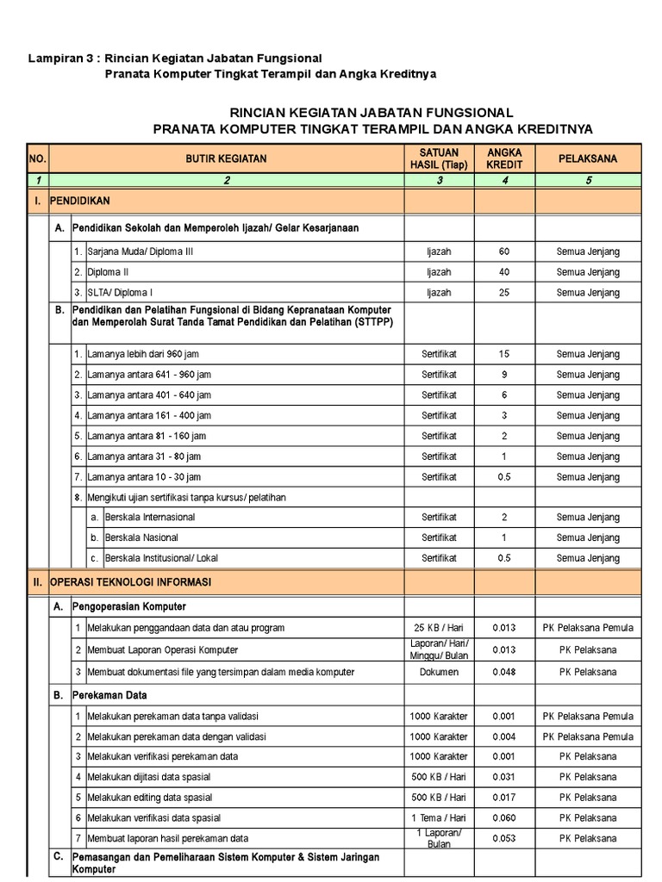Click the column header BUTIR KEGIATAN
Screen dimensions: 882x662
pyautogui.click(x=228, y=158)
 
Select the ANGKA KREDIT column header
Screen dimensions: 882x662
pyautogui.click(x=504, y=158)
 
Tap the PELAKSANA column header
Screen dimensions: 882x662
pyautogui.click(x=588, y=158)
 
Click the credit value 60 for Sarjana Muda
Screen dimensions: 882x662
pyautogui.click(x=504, y=252)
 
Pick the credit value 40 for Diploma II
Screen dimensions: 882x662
pyautogui.click(x=504, y=271)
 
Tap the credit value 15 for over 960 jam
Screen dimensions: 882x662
pyautogui.click(x=504, y=354)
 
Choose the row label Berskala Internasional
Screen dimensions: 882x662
pyautogui.click(x=149, y=517)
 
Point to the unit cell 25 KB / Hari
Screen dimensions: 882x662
pyautogui.click(x=439, y=628)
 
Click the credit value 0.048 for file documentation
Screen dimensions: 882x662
pyautogui.click(x=504, y=670)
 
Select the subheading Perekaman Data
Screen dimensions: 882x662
pyautogui.click(x=109, y=693)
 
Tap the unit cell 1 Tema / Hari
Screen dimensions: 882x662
pyautogui.click(x=439, y=817)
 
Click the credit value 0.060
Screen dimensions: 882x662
pyautogui.click(x=504, y=817)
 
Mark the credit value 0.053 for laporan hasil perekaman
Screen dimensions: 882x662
pyautogui.click(x=504, y=838)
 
